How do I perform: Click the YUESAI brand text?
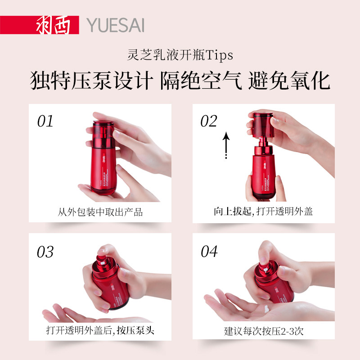(x=116, y=25)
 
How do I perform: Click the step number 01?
(x=45, y=121)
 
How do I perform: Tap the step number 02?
(x=209, y=121)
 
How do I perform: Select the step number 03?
(x=45, y=252)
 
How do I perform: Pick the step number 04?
(x=209, y=252)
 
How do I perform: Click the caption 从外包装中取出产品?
(x=100, y=212)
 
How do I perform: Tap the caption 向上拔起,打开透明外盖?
(x=263, y=212)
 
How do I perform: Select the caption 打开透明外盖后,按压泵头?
(x=100, y=330)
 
